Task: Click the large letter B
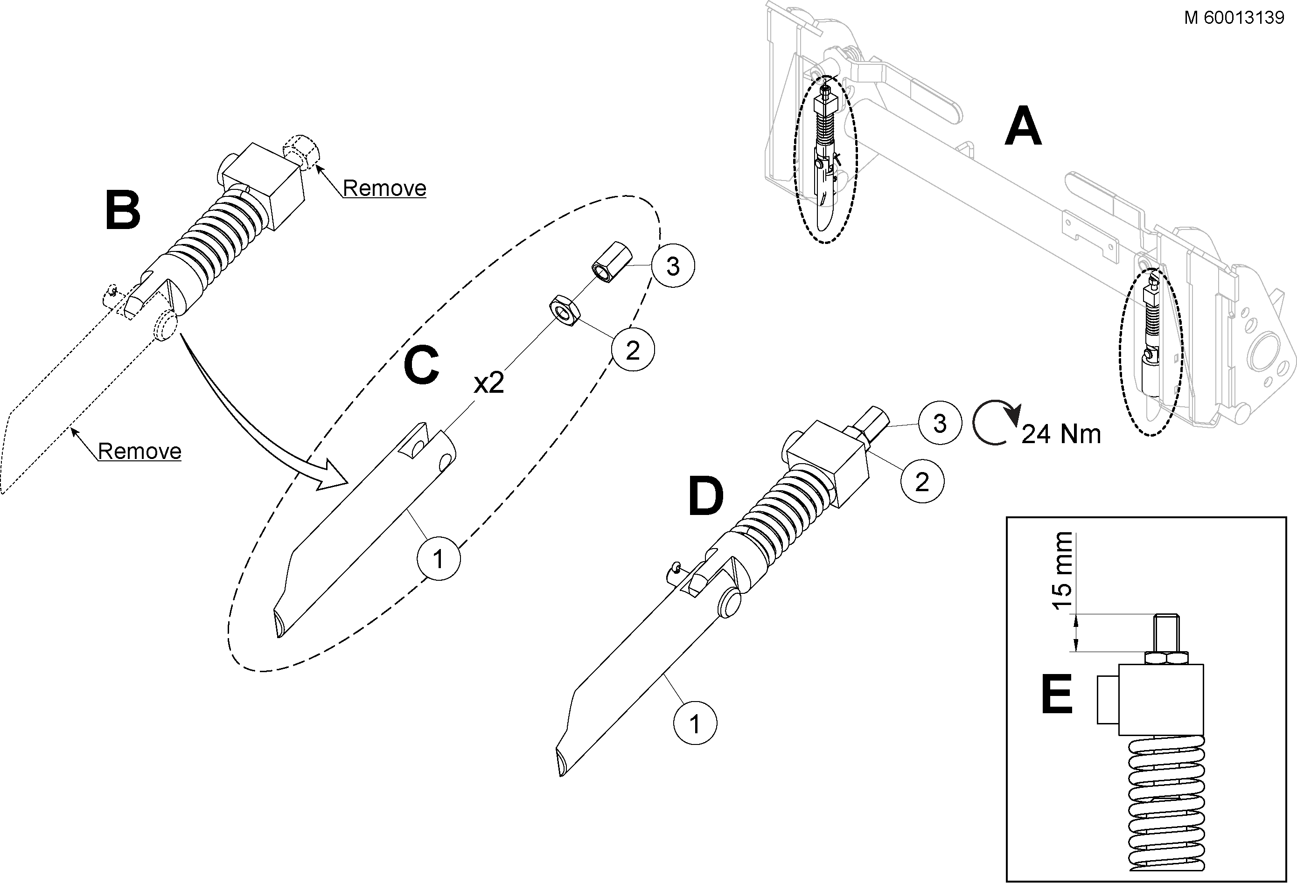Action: (123, 210)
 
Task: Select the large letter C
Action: (421, 366)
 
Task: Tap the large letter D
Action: (706, 496)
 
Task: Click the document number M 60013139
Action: (1234, 18)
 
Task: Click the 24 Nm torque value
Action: (1061, 434)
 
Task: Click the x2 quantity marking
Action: (489, 383)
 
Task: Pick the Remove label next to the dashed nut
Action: (384, 188)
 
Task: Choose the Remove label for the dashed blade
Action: (139, 451)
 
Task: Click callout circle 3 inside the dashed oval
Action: (673, 266)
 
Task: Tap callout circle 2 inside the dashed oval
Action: (633, 350)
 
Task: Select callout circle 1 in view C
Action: (439, 559)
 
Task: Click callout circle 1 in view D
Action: (695, 724)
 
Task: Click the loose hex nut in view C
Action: (564, 310)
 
